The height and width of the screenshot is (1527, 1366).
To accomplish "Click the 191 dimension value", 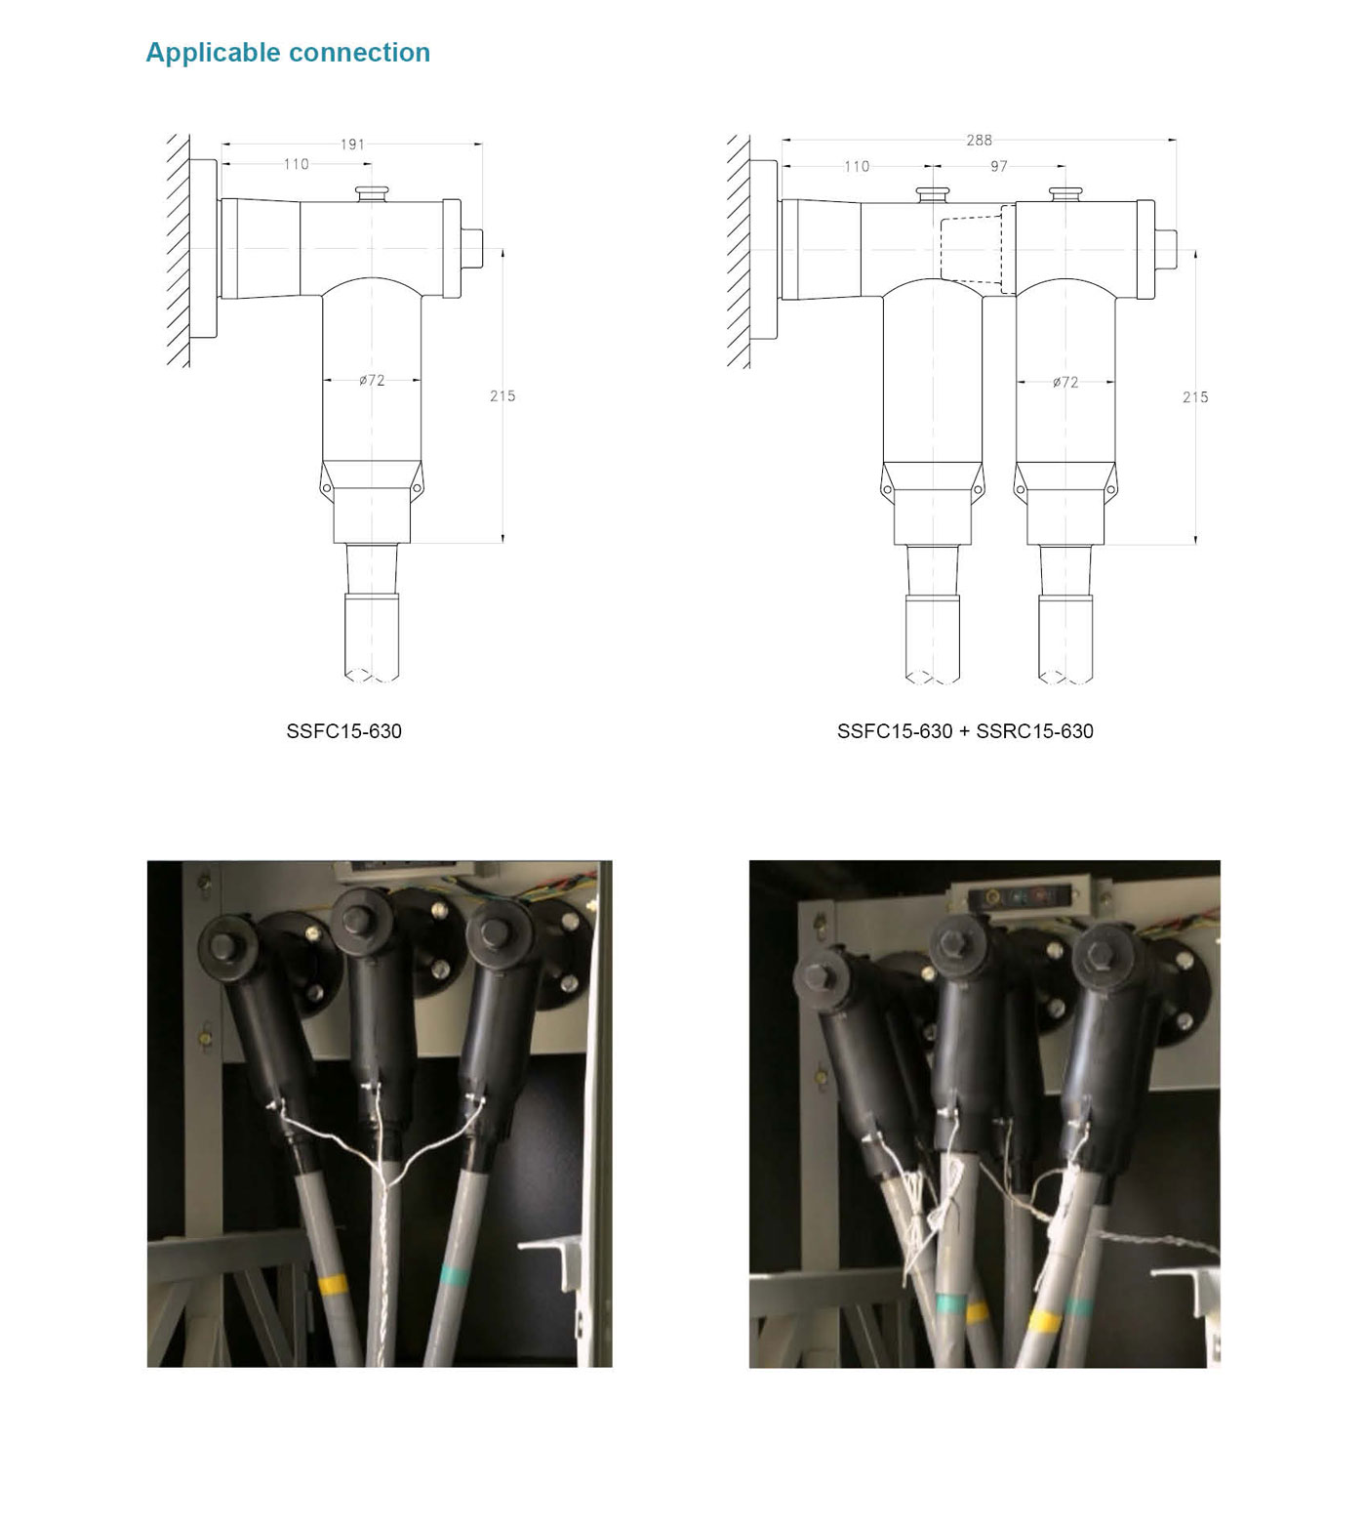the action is pyautogui.click(x=352, y=144).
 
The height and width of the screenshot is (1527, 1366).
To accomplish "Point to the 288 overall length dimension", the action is pyautogui.click(x=979, y=141).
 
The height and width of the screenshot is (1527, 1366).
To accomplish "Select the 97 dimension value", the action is pyautogui.click(x=999, y=167).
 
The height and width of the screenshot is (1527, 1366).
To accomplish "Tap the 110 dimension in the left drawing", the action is pyautogui.click(x=296, y=164).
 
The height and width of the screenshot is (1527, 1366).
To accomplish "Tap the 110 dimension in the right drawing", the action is pyautogui.click(x=857, y=167).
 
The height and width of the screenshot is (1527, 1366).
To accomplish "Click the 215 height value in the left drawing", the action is pyautogui.click(x=502, y=395).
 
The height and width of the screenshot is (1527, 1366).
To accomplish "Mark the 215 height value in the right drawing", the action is pyautogui.click(x=1195, y=397).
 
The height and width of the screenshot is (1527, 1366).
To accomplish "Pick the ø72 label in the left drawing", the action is pyautogui.click(x=372, y=381).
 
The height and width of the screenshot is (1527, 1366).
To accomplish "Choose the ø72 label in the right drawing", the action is pyautogui.click(x=1065, y=383).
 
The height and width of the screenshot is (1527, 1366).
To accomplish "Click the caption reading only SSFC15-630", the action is pyautogui.click(x=343, y=731).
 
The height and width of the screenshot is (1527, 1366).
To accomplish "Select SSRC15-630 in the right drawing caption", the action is pyautogui.click(x=1034, y=731).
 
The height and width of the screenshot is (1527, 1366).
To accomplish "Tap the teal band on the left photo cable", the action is pyautogui.click(x=456, y=1273).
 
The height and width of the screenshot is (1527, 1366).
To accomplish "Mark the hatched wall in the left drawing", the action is pyautogui.click(x=179, y=251).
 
